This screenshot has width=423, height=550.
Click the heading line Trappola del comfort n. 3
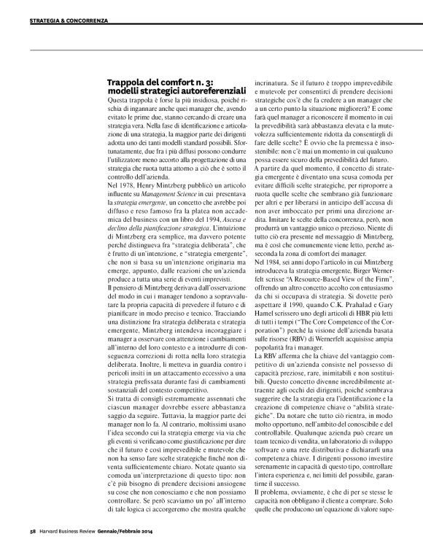[152, 82]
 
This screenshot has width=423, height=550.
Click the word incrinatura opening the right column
[271, 82]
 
